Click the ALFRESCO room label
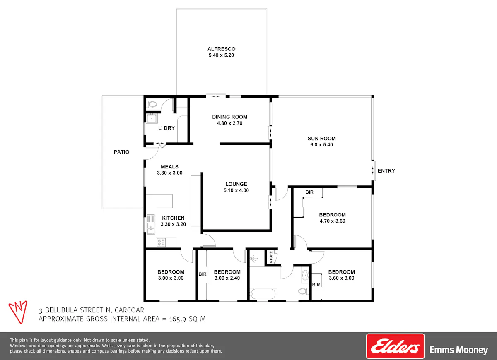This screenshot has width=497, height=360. (x=221, y=49)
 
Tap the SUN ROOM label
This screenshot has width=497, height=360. (x=321, y=139)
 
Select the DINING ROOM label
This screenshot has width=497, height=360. (x=229, y=117)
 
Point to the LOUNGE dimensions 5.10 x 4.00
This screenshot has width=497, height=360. (x=236, y=190)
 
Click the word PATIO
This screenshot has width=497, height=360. (x=121, y=152)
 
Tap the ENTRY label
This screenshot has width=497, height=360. (x=386, y=170)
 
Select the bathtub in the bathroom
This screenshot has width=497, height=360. (x=263, y=294)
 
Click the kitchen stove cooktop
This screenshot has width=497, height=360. (x=161, y=242)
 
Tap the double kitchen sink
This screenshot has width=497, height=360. (x=151, y=224)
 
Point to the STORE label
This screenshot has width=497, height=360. (x=271, y=257)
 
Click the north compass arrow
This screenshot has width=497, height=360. (x=18, y=312)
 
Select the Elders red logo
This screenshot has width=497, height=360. (x=395, y=346)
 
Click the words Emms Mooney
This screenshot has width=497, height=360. (x=458, y=350)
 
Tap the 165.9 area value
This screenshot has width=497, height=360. (x=178, y=319)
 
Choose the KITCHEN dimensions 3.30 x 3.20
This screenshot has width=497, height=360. (x=173, y=224)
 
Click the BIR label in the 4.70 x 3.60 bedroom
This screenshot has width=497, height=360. (x=309, y=192)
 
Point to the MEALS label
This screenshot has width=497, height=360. (x=169, y=167)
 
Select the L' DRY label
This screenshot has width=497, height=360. (x=166, y=128)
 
